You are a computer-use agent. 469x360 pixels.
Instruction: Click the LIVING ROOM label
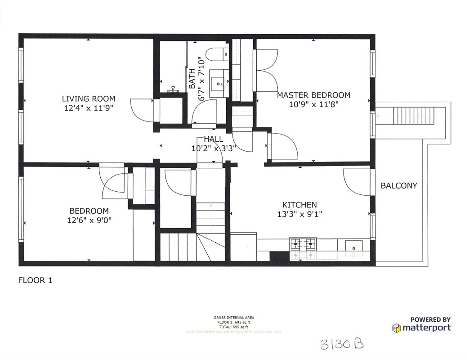coord(88,99)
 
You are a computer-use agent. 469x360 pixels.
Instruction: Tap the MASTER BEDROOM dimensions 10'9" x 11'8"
coord(313,104)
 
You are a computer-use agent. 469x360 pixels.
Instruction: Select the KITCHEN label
coord(299,205)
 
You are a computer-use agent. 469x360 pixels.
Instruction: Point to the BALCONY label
coord(399,185)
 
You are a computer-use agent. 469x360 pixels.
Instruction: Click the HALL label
coord(213,139)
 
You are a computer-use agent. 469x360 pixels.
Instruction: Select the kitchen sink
coord(353,246)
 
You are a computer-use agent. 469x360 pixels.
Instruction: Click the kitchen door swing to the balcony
coord(357,182)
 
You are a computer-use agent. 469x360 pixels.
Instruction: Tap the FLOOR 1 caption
coord(35,280)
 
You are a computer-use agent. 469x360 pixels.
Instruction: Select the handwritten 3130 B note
coord(342,344)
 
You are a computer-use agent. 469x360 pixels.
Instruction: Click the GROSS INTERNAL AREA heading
coord(234,318)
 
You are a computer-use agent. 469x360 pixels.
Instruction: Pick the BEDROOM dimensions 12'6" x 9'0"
coord(89,220)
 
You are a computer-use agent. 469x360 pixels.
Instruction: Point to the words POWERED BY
coord(430,319)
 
